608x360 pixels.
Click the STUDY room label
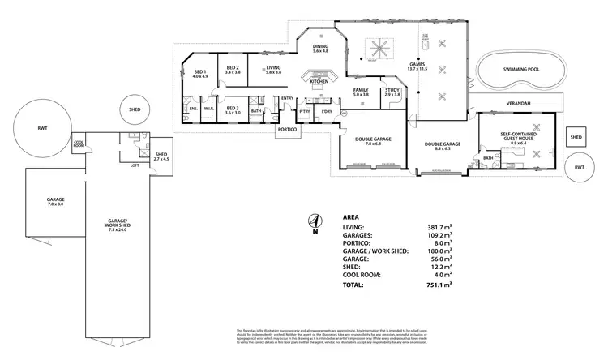pos(392,90)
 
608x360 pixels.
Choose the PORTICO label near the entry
pos(286,130)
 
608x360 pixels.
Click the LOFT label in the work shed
pos(135,165)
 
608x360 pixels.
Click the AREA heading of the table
pos(352,217)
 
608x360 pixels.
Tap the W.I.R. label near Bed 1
pos(208,109)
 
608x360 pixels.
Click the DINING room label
pos(320,46)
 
